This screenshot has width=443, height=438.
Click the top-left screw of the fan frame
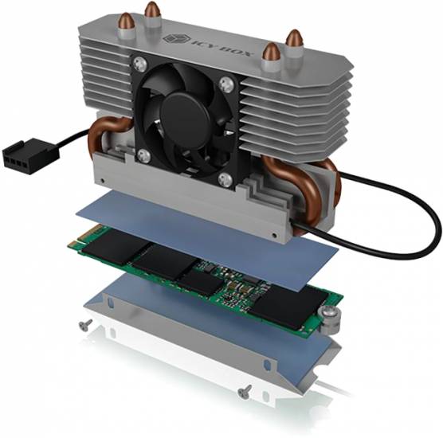click(x=141, y=61)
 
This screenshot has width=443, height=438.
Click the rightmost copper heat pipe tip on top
click(x=294, y=37)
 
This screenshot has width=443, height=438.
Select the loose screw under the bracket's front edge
click(x=246, y=389)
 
